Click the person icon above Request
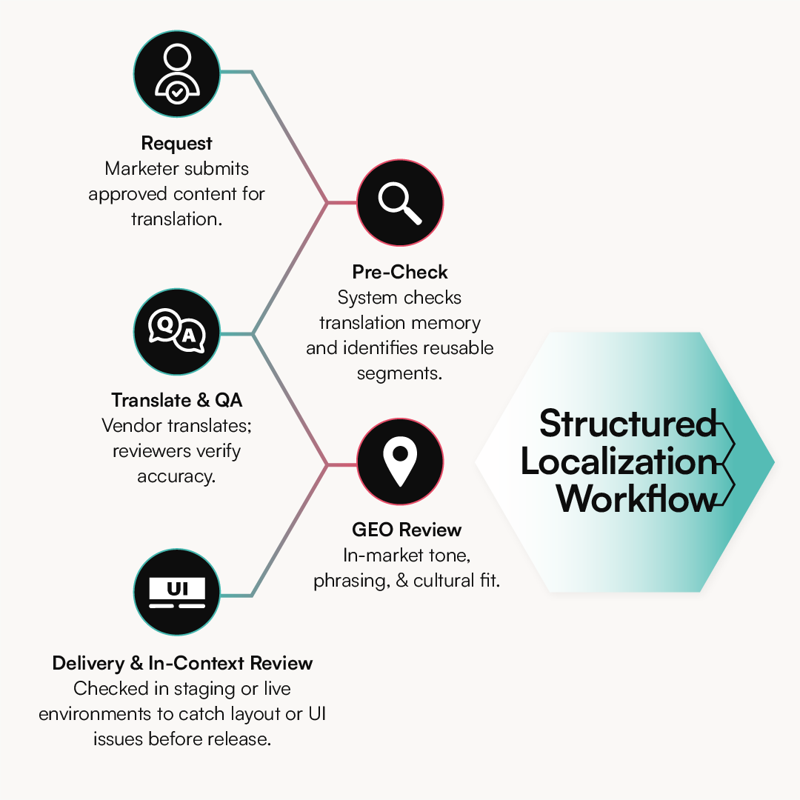click(176, 73)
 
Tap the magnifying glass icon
click(400, 202)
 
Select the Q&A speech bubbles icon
click(176, 332)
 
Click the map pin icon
click(400, 462)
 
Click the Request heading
click(176, 143)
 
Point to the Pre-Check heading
click(400, 272)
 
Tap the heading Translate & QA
click(176, 401)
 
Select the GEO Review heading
click(407, 530)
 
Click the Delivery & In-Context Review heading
click(182, 663)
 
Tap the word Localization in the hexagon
click(619, 461)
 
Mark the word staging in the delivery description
click(204, 689)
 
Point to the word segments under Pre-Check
click(399, 373)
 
